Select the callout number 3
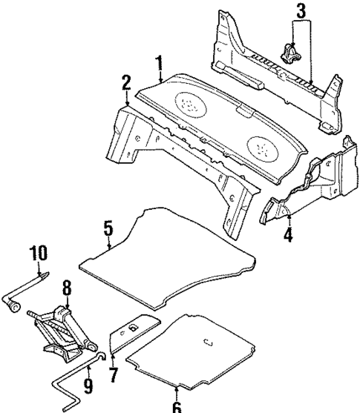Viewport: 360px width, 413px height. [301, 12]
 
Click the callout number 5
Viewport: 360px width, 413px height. [108, 230]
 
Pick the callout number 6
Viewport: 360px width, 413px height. [176, 405]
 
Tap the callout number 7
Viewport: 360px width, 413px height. [113, 374]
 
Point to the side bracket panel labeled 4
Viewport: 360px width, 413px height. [312, 189]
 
